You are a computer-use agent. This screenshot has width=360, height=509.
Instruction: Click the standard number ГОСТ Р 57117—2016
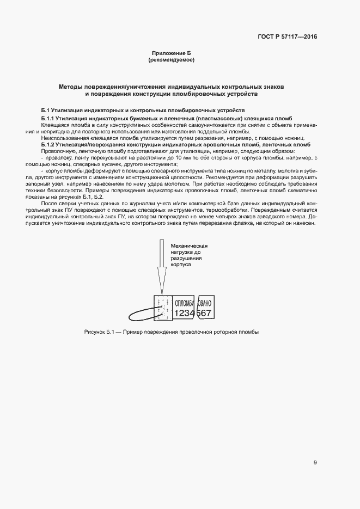click(x=287, y=37)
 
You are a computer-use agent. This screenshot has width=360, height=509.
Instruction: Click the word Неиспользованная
click(x=63, y=138)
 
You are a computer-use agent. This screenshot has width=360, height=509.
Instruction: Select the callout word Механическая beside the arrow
click(x=190, y=247)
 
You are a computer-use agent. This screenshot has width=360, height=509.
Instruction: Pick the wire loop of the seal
click(x=140, y=315)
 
